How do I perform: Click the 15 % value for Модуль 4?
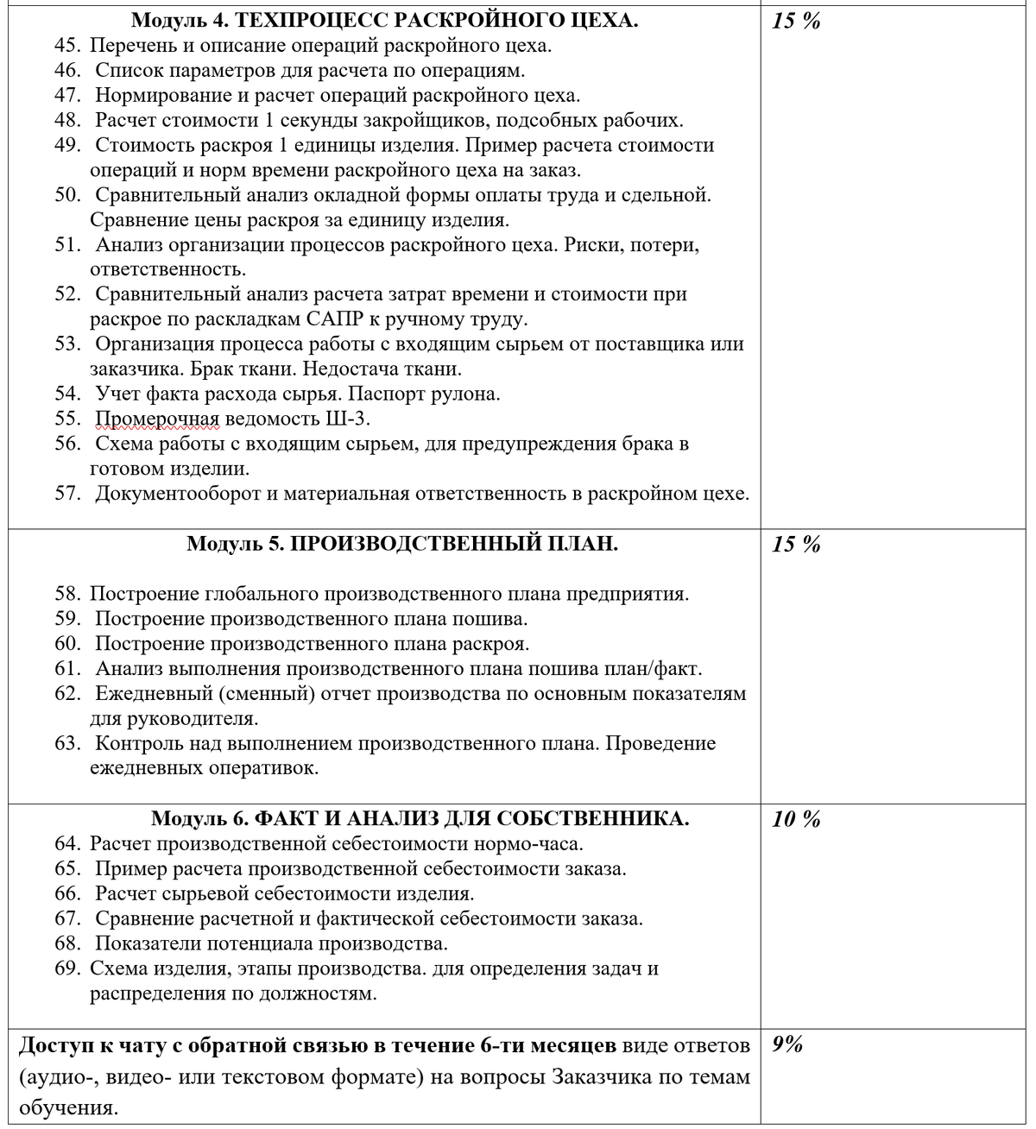(796, 22)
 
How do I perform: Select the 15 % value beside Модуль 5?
(796, 545)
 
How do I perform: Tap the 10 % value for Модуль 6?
(796, 819)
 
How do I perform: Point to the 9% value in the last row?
(787, 1044)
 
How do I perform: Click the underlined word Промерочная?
(158, 419)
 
